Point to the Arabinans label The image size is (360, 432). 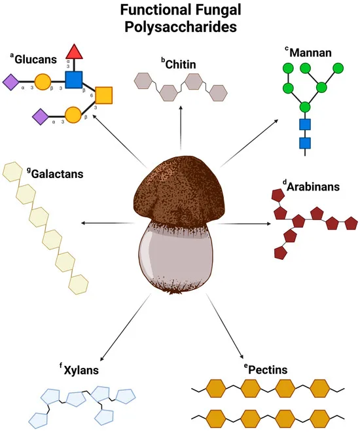tap(313, 187)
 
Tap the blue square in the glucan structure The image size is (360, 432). tap(73, 80)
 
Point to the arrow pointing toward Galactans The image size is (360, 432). tap(105, 224)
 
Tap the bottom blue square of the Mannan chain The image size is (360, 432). tap(304, 141)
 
